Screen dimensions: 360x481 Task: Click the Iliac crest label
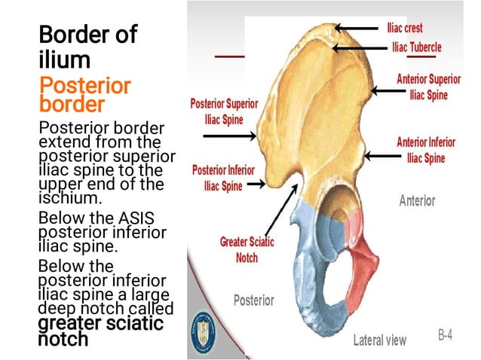(404, 27)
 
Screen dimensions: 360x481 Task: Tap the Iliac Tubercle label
(416, 47)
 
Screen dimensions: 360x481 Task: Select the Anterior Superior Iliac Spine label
(428, 87)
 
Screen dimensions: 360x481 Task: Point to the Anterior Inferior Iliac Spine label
(426, 150)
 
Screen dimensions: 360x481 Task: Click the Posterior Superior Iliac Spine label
(224, 110)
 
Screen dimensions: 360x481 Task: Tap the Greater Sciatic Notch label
(247, 249)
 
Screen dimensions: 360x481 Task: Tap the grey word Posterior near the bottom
(253, 300)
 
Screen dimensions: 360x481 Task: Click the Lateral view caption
(379, 340)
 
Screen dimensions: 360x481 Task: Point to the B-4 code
(445, 335)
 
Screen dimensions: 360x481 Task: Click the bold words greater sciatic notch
(100, 331)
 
